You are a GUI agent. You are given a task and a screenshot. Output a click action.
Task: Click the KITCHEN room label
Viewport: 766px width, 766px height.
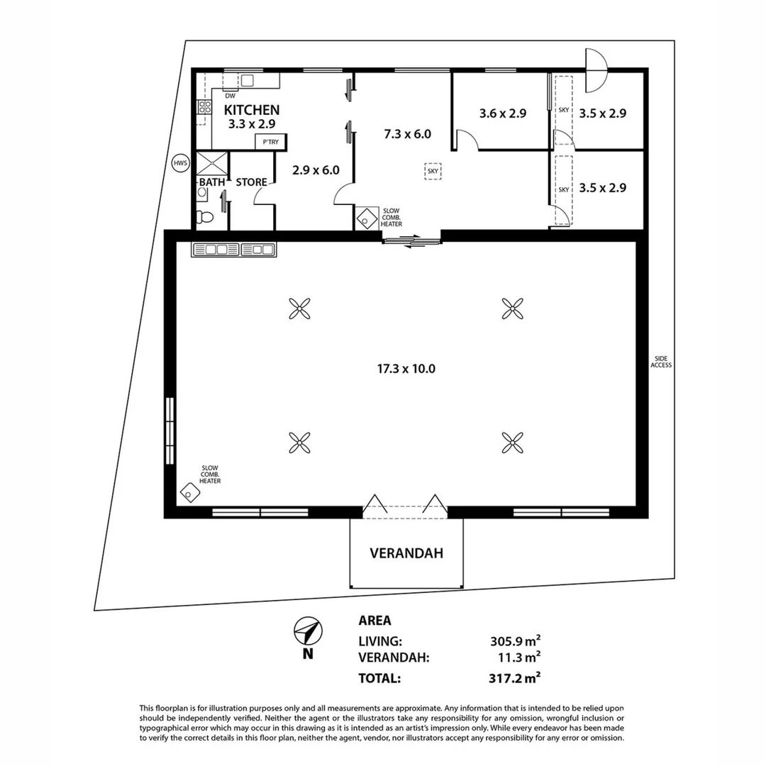(x=252, y=110)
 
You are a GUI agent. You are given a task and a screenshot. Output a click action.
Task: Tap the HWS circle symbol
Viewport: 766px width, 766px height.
(x=181, y=164)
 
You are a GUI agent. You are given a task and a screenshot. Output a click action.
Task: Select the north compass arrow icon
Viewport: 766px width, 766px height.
(x=307, y=631)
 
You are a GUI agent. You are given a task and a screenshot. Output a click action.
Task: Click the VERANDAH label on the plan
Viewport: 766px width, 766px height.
(x=406, y=553)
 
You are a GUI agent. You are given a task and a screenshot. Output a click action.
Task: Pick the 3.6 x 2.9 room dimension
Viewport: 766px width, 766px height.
(x=502, y=113)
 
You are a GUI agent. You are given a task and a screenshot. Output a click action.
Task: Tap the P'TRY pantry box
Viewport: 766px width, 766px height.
(x=270, y=143)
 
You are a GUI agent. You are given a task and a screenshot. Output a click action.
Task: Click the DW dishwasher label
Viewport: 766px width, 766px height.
(x=230, y=96)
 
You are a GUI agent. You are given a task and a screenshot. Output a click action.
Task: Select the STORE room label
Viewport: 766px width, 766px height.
(x=251, y=182)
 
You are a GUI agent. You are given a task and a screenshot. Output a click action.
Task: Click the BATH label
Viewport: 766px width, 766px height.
(x=211, y=182)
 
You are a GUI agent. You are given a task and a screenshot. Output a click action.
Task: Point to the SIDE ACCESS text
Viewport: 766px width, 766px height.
(x=661, y=362)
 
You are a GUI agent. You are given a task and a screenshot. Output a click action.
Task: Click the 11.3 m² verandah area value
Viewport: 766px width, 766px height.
(x=520, y=657)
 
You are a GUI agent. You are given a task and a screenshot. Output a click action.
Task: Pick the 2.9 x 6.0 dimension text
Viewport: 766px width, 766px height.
(x=316, y=170)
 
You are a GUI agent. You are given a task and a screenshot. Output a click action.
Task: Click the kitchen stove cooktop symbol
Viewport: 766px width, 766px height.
(x=204, y=107)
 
